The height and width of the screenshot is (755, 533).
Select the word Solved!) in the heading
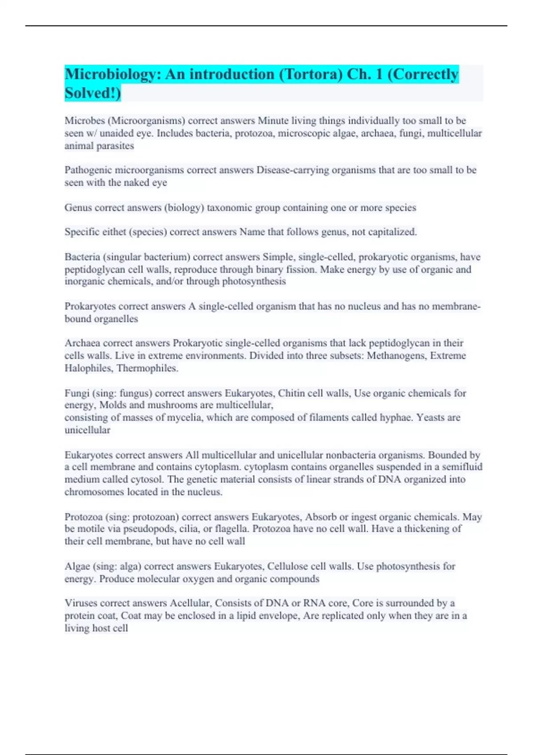(93, 93)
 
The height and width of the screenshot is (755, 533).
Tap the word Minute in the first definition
(273, 121)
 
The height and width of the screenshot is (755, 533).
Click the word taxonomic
(228, 208)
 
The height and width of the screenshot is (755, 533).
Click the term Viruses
(81, 603)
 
